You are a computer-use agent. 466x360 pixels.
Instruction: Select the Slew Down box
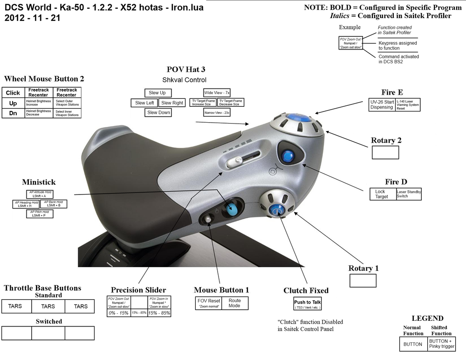click(x=158, y=112)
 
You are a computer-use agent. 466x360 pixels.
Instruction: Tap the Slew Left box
click(x=144, y=103)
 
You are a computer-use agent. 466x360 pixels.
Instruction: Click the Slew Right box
click(x=172, y=103)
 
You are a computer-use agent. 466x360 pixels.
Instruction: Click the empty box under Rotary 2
click(x=385, y=152)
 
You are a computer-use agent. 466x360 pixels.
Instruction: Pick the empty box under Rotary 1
click(x=363, y=280)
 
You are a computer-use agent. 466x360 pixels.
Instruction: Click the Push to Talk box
click(x=307, y=304)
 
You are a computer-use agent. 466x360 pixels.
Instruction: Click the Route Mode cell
click(x=234, y=303)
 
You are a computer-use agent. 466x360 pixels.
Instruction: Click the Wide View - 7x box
click(x=217, y=92)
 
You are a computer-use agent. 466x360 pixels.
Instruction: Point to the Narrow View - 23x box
click(x=217, y=113)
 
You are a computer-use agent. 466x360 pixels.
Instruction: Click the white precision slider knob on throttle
click(x=235, y=162)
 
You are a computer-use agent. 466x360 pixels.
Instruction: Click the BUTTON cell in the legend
click(x=413, y=344)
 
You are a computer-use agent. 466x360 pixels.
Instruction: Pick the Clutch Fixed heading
click(x=306, y=291)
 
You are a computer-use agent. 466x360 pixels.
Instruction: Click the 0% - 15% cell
click(x=118, y=312)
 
